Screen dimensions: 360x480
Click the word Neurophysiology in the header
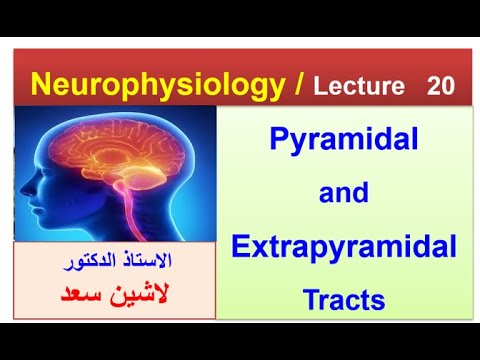(x=154, y=85)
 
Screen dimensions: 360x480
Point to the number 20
(x=440, y=87)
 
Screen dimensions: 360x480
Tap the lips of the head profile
(x=48, y=212)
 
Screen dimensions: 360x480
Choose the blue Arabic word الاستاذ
(x=150, y=262)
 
